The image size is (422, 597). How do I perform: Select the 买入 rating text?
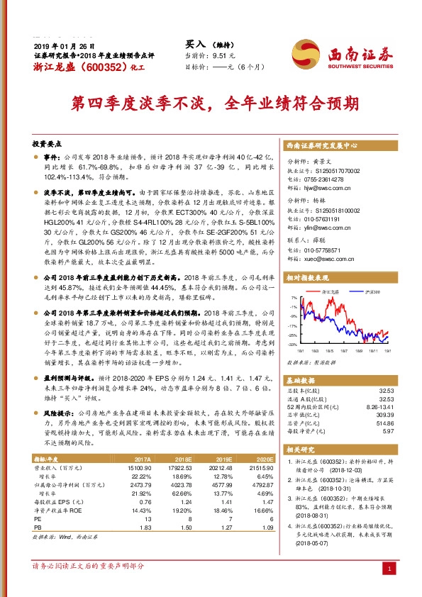[x=196, y=43]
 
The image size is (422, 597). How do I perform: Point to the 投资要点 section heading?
[x=48, y=143]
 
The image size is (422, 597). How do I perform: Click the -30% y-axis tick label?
[x=292, y=344]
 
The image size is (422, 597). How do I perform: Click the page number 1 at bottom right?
[x=389, y=569]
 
